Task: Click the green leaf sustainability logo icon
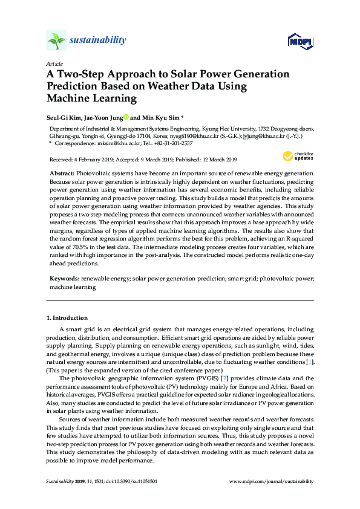57,41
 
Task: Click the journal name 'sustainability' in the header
98,41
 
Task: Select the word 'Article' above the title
54,63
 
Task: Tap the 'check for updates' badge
299,155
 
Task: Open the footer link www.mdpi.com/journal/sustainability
272,481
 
